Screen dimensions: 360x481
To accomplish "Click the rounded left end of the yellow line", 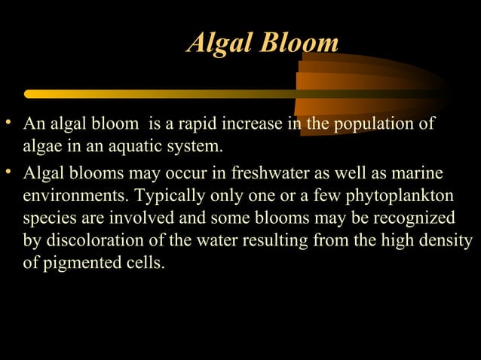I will pyautogui.click(x=29, y=94).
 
